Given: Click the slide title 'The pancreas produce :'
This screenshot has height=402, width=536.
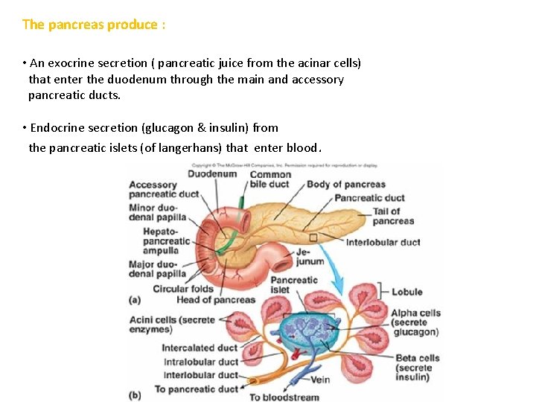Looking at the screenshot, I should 94,25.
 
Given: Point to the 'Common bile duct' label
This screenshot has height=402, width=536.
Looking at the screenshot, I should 269,179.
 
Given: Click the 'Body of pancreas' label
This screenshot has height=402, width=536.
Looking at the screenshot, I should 346,184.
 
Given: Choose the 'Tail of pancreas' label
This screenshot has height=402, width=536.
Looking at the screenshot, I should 394,216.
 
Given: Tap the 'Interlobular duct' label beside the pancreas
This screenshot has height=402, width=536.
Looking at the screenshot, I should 383,242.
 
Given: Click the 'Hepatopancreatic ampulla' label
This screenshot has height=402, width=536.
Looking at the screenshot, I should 167,240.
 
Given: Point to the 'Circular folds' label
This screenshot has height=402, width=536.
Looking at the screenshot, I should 183,289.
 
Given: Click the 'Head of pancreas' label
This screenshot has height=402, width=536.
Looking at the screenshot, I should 216,300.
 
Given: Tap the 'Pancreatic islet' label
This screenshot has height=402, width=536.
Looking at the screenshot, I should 294,284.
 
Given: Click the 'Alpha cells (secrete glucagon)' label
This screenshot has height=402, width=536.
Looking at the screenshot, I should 415,322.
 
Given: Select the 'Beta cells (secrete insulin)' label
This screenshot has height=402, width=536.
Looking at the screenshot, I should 418,367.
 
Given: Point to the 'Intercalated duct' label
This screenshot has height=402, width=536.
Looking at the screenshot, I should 200,348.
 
